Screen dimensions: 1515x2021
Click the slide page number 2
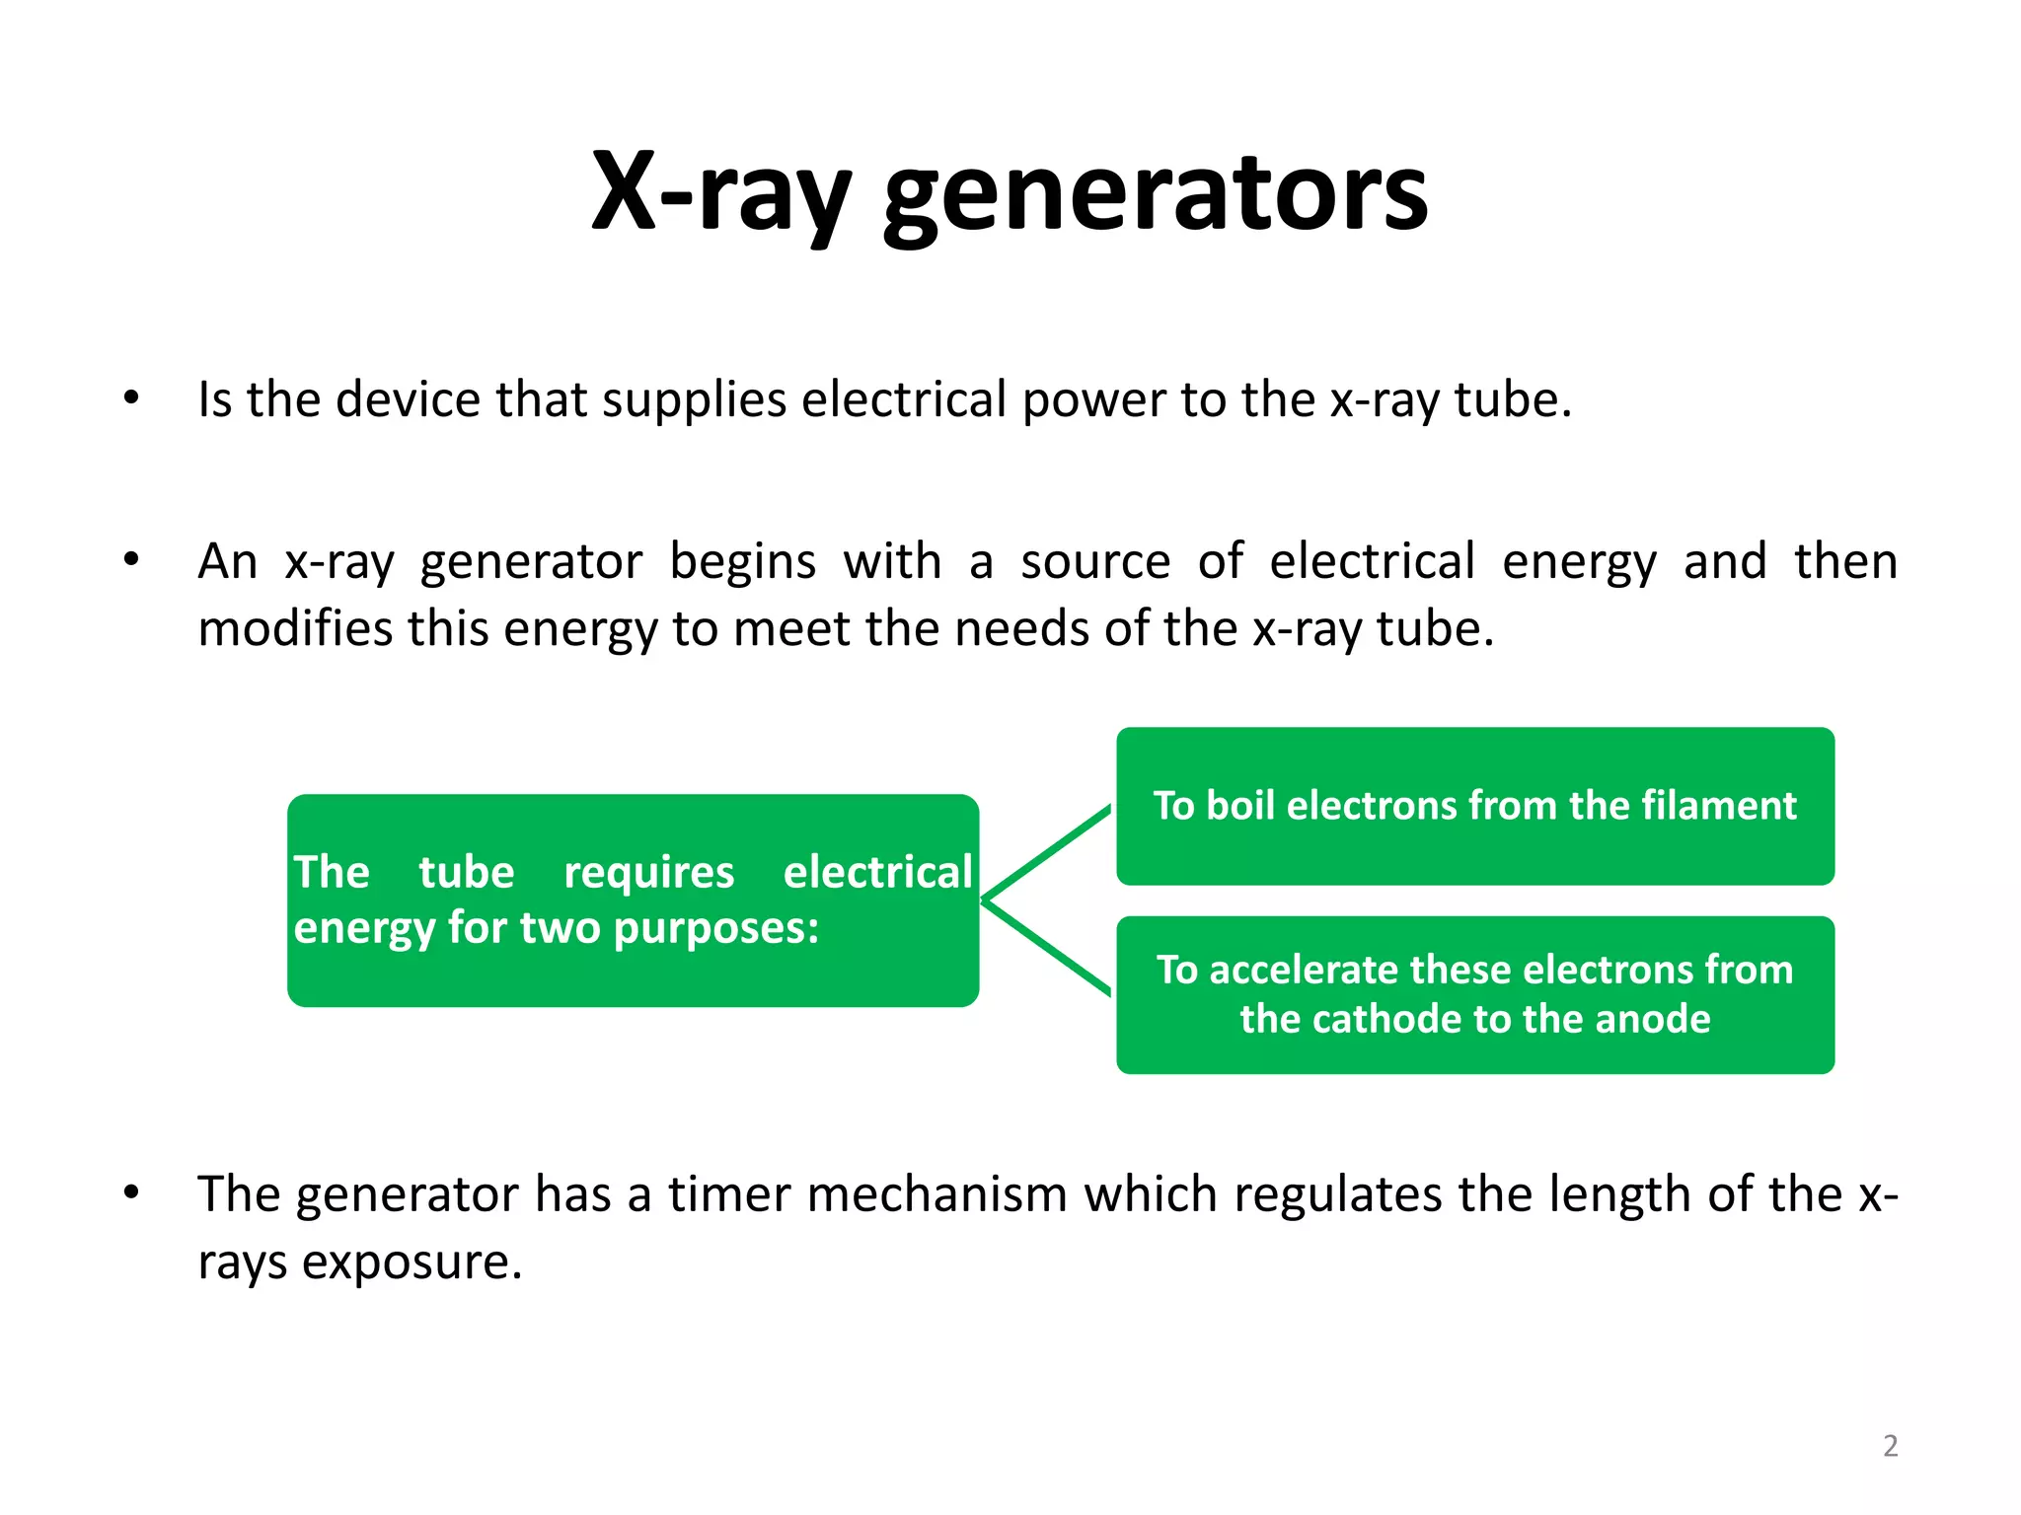(1890, 1446)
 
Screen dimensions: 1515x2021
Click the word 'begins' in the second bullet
(742, 562)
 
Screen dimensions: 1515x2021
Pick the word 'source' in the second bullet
(1094, 562)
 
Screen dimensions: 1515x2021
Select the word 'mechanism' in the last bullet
(937, 1193)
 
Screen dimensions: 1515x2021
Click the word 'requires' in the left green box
(648, 873)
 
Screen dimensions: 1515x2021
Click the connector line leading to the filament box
(1048, 852)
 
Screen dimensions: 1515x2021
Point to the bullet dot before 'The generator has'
(131, 1192)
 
